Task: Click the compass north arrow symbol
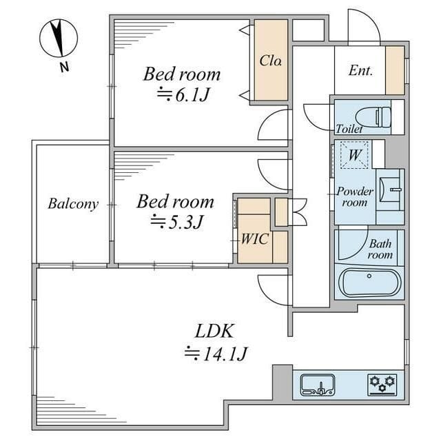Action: tap(58, 38)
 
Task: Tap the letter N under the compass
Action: tap(64, 68)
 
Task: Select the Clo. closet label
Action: tap(271, 61)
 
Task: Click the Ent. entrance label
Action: tap(360, 70)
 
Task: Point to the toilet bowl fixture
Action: tap(373, 117)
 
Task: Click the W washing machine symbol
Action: tap(354, 155)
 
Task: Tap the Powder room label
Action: tap(355, 196)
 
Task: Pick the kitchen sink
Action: tap(318, 384)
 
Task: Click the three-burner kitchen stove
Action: tap(382, 384)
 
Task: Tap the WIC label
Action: tap(255, 239)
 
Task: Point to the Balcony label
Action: tap(73, 204)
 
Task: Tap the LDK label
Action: tap(214, 331)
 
